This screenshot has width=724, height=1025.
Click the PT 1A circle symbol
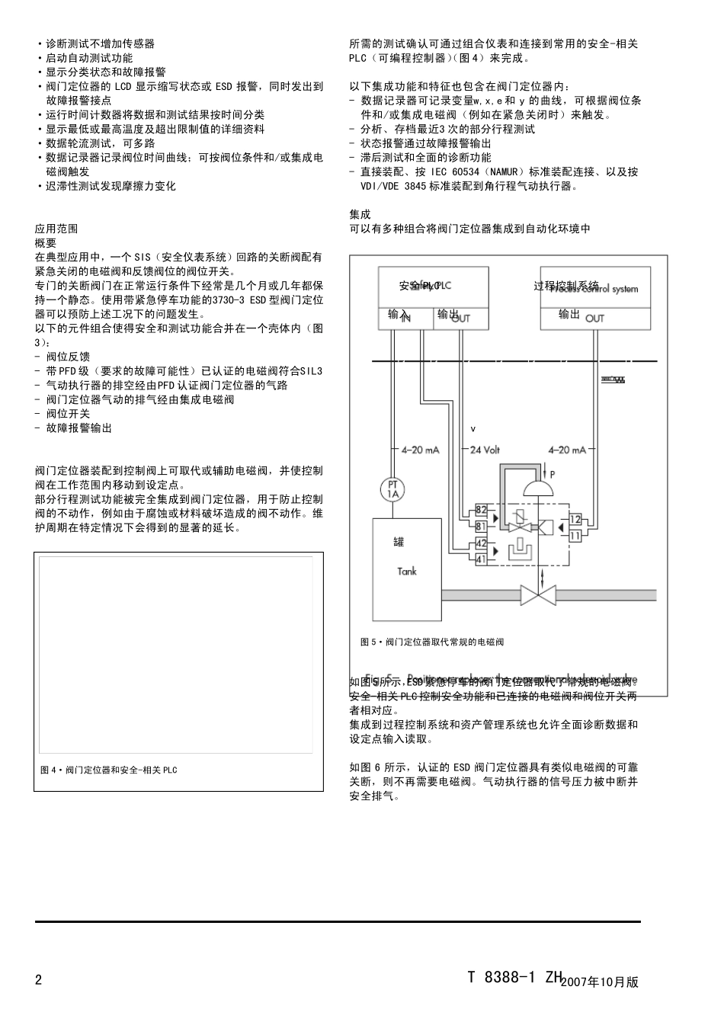(393, 489)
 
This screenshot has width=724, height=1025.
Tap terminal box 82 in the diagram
(481, 509)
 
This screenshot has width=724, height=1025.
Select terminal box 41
(481, 559)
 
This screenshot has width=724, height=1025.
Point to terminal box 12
(575, 520)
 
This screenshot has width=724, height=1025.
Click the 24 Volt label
(485, 450)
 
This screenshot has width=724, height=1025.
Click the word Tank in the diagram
(406, 571)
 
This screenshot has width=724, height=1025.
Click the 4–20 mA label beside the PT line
(420, 450)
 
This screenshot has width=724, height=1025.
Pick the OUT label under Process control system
(594, 318)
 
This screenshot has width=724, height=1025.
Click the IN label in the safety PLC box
(405, 318)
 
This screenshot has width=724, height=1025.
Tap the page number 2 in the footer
(39, 980)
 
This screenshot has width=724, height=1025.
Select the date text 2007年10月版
(600, 982)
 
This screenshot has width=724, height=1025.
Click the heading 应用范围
(56, 229)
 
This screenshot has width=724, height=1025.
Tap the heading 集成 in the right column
(360, 215)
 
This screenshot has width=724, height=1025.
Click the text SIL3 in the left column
(311, 371)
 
